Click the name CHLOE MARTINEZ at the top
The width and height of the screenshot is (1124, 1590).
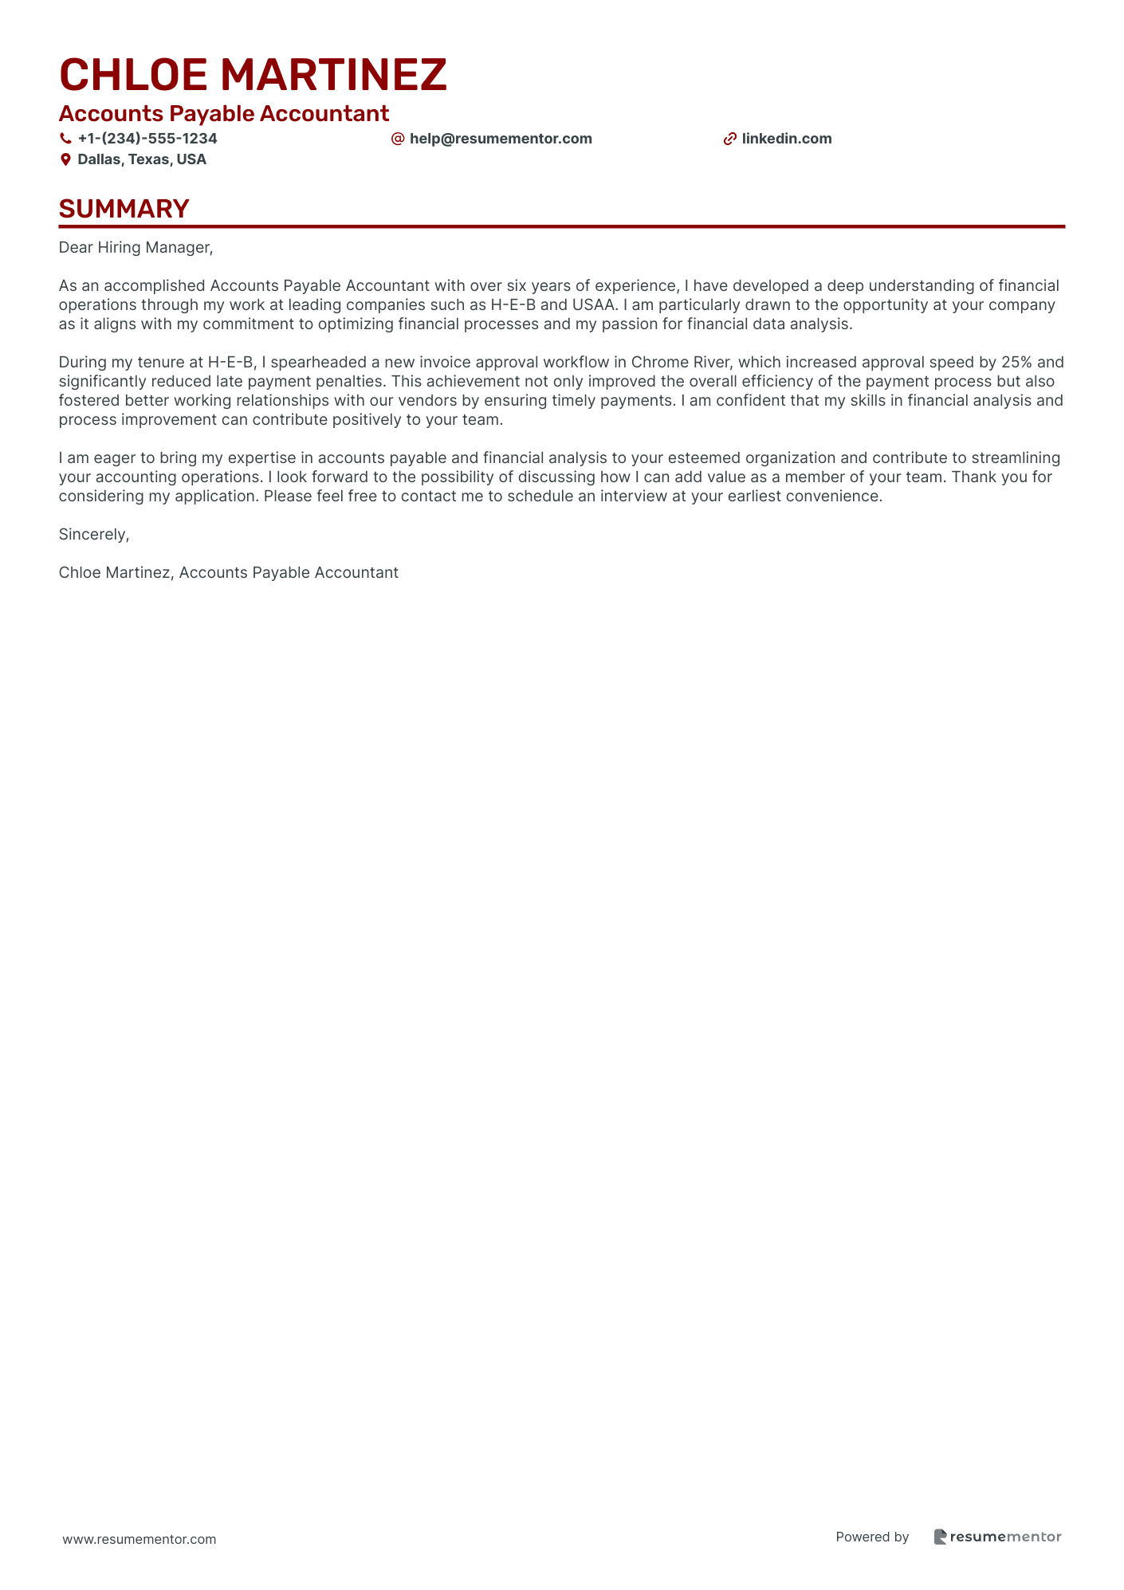point(253,75)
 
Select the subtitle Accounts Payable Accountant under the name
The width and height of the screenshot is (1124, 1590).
point(224,114)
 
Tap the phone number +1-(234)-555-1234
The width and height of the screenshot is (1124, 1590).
point(147,139)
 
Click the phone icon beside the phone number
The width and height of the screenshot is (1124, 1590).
point(65,139)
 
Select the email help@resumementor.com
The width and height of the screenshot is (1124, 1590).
point(501,139)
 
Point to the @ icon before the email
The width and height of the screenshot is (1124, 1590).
point(398,139)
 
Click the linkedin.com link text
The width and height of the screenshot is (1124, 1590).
point(787,139)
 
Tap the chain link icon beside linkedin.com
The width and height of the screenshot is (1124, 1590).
point(729,139)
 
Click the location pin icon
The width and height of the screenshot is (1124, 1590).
point(65,159)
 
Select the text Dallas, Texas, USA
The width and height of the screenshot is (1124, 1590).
point(142,159)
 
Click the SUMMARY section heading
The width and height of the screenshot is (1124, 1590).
point(124,209)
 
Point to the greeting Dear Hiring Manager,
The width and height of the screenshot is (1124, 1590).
point(136,248)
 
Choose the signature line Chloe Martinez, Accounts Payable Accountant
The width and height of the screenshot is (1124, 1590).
point(229,573)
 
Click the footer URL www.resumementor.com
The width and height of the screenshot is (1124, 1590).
point(140,1539)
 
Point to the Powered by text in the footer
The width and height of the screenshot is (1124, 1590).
point(872,1537)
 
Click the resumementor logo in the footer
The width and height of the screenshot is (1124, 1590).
point(997,1537)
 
